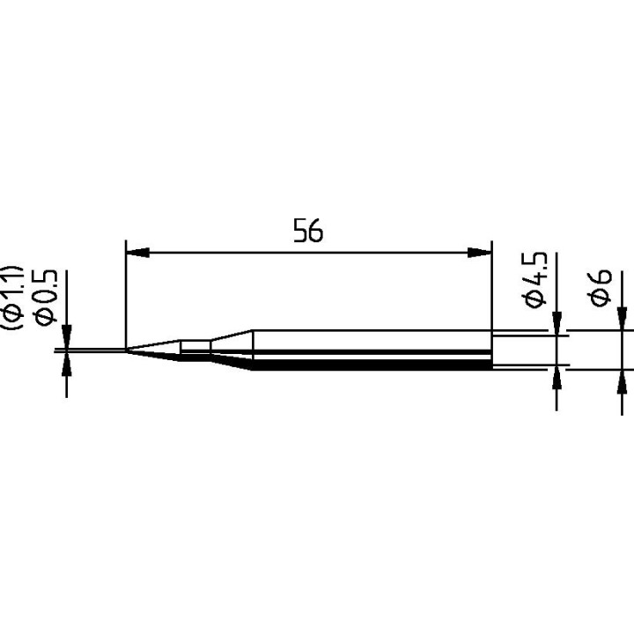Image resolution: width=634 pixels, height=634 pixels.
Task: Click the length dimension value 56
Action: coord(308,231)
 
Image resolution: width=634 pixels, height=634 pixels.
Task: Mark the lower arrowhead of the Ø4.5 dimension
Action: coord(557,378)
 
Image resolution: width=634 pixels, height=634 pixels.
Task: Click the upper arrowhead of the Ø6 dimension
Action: coord(622,320)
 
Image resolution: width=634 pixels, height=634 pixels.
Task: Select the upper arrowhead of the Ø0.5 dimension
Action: coord(66,339)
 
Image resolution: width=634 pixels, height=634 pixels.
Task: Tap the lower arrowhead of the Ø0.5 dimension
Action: coord(66,365)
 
